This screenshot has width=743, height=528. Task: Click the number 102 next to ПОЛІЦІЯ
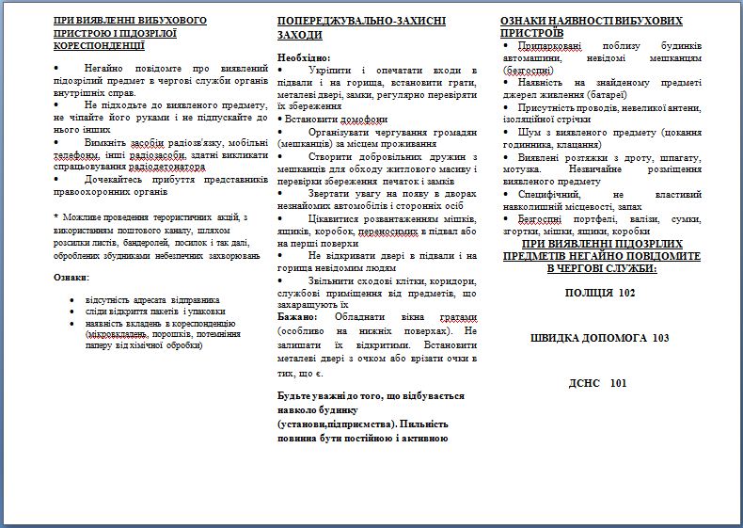(x=626, y=293)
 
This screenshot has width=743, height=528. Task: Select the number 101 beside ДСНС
(x=617, y=383)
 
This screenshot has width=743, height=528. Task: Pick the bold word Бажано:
(x=297, y=316)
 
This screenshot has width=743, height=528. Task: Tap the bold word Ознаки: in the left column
(x=72, y=277)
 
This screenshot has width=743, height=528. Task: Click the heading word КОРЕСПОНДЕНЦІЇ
(x=99, y=44)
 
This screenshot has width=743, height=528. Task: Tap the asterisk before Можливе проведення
(x=57, y=217)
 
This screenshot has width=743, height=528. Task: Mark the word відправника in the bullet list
(x=193, y=299)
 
